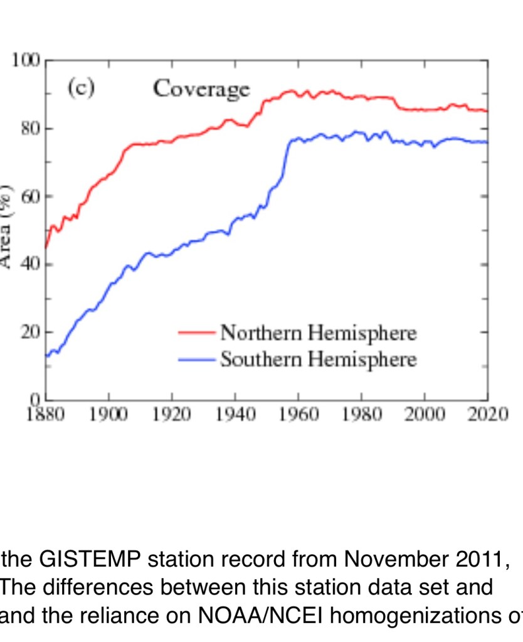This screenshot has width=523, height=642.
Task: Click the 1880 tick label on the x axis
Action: (x=45, y=416)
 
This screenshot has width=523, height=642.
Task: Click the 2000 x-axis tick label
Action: (x=425, y=416)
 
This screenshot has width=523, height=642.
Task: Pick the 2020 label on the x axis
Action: (x=487, y=416)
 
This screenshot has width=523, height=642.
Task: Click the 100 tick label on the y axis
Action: (x=26, y=61)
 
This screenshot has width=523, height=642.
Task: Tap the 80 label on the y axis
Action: (x=30, y=129)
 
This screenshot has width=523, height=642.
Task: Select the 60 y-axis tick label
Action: (x=30, y=196)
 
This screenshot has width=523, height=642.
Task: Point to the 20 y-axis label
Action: (x=30, y=332)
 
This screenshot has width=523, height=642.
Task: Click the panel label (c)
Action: (x=81, y=88)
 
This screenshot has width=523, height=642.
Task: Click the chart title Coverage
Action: (x=201, y=90)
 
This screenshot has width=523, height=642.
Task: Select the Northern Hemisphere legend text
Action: (x=318, y=333)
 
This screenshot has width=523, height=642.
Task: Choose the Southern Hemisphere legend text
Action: (x=318, y=360)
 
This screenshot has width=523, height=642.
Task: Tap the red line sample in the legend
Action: (x=197, y=333)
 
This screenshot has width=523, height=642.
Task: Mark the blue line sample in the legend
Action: (x=197, y=360)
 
